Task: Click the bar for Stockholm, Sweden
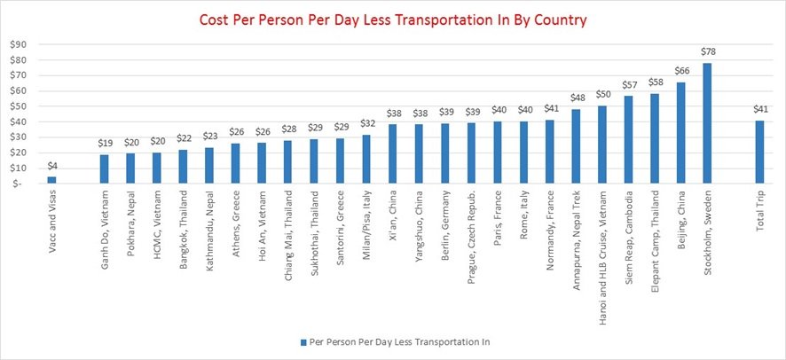coord(707,123)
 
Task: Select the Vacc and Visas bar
coord(51,180)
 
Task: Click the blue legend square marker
coord(304,340)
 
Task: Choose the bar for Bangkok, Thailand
coord(183,166)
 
